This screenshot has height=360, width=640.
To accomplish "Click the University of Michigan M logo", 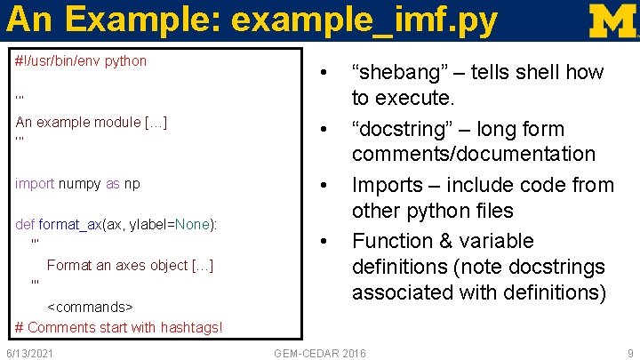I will pos(612,20).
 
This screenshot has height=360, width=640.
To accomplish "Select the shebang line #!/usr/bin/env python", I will pos(81,61).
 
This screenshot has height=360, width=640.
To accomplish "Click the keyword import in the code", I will pos(35,183).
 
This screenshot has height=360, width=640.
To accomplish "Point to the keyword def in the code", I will pos(25,224).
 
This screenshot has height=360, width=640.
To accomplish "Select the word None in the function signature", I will pos(193,224).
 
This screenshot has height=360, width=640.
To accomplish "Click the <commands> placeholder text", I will pos(89,307).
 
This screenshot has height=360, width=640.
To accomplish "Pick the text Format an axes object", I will pos(130,265).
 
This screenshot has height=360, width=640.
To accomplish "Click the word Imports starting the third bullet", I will pos(384,185).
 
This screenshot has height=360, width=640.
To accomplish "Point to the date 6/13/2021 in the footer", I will pos(28,353).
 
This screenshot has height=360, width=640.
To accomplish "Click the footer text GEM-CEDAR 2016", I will pos(319,353).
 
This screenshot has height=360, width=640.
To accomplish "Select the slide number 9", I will pos(629,353).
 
